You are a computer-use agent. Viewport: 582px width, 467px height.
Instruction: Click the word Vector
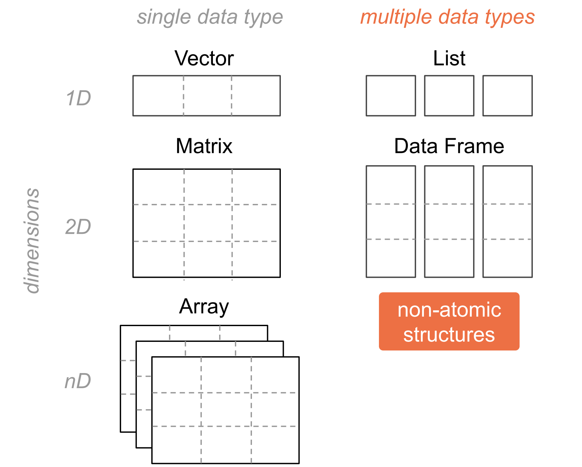click(x=204, y=58)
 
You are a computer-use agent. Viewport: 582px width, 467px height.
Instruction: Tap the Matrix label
click(x=204, y=146)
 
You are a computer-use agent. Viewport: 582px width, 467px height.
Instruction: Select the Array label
click(x=204, y=307)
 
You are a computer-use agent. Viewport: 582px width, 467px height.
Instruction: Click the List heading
click(x=449, y=58)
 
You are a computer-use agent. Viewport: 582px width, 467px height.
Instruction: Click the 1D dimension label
click(x=78, y=98)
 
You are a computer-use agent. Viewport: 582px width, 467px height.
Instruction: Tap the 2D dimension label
click(x=78, y=227)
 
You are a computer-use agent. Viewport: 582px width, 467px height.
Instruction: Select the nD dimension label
click(x=78, y=381)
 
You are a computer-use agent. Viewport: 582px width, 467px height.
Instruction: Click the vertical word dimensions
click(x=32, y=241)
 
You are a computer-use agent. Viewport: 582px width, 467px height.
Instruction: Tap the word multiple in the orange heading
click(x=396, y=17)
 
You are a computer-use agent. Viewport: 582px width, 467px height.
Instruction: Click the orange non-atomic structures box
click(x=449, y=322)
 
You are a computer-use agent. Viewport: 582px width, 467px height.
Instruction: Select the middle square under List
click(x=449, y=96)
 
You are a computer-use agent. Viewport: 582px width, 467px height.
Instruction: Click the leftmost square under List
click(x=391, y=96)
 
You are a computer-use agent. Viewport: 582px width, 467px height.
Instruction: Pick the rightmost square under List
click(x=508, y=96)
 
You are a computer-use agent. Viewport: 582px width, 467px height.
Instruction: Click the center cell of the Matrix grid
click(x=208, y=223)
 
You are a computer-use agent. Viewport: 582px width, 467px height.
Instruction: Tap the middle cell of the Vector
click(x=207, y=96)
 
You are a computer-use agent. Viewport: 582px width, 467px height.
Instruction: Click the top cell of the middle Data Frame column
click(x=449, y=185)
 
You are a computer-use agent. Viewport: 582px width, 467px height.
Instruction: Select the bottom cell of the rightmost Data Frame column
click(x=508, y=258)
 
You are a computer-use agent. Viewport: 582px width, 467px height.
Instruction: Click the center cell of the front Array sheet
click(x=226, y=409)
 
